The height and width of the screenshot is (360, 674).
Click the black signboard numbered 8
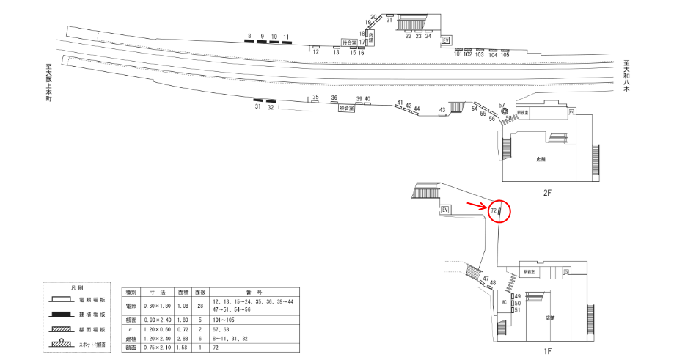coord(249,41)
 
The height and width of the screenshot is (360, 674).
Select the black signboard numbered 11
coord(285,43)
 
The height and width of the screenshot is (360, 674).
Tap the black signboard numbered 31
coord(258,100)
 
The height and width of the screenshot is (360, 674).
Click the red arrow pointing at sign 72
coord(477,205)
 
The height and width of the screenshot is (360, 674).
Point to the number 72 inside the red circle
coord(494,211)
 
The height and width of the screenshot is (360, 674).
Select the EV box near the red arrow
coord(444,210)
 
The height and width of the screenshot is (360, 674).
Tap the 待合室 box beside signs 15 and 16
coord(349,43)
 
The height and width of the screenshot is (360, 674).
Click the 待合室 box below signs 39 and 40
coord(346,108)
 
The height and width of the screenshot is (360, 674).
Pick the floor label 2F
coord(546,193)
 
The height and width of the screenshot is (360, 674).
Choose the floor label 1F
coord(547,352)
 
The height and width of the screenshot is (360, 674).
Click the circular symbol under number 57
coord(504,112)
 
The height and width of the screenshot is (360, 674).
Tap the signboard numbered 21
coord(389,15)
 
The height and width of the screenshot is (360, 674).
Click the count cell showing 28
coord(200,306)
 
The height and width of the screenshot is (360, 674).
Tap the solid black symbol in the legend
coord(65,314)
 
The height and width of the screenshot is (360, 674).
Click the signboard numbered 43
coord(442,115)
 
